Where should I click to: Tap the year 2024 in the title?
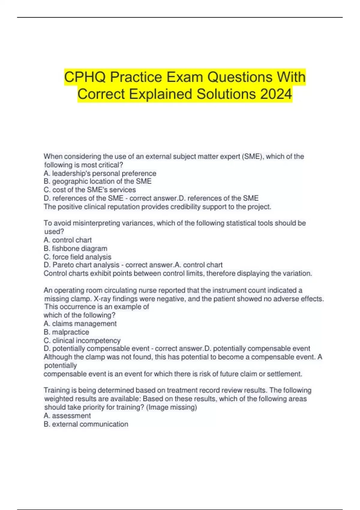(x=276, y=94)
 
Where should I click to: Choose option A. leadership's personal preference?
(x=100, y=173)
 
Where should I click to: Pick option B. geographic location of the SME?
(x=97, y=181)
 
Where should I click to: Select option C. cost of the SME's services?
(x=90, y=190)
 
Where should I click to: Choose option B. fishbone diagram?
(x=75, y=248)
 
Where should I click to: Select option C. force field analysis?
(x=77, y=257)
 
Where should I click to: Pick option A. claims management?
(x=80, y=324)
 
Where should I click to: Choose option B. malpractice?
(x=66, y=332)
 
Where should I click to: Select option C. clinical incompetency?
(x=82, y=340)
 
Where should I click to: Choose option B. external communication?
(x=86, y=424)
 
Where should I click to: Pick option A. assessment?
(x=67, y=416)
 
